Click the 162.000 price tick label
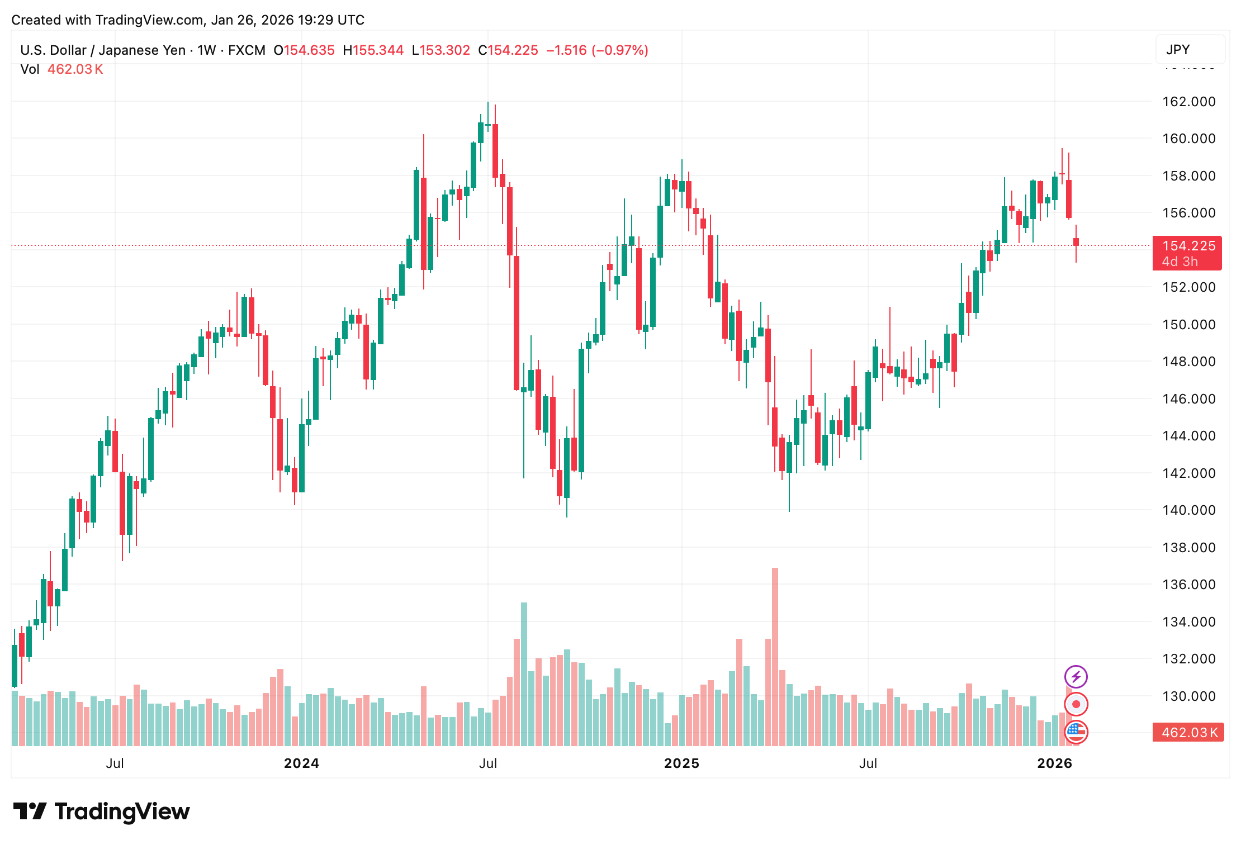coord(1188,102)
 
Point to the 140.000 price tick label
coord(1188,510)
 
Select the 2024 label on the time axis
coord(301,763)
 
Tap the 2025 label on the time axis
coord(681,763)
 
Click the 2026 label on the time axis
coord(1054,763)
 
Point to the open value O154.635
coord(304,50)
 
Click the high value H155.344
coord(373,50)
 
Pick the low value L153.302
coord(440,50)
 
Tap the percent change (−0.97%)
coord(620,50)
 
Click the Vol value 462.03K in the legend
coord(75,69)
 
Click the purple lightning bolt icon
coord(1076,677)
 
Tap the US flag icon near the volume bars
coord(1076,732)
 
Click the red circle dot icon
coord(1076,704)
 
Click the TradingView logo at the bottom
coord(102,811)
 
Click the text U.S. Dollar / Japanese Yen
coord(103,50)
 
